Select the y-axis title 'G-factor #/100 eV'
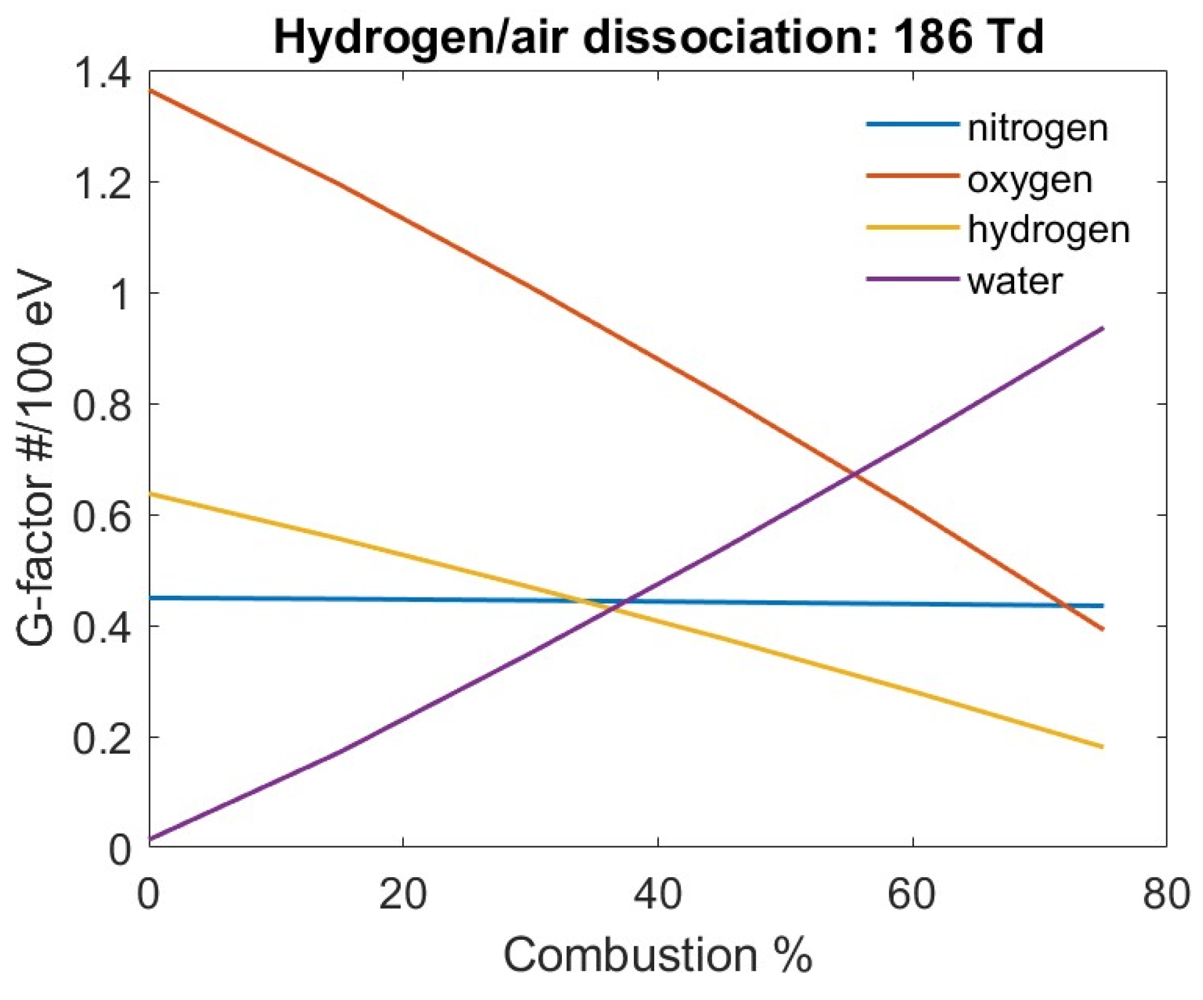[36, 459]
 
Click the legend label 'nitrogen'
[1037, 128]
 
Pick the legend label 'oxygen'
[1030, 179]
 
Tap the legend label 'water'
[1015, 281]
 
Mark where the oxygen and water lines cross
[855, 474]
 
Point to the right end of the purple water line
[1103, 329]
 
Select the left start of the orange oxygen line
[150, 91]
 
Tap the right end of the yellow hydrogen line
[1103, 747]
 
